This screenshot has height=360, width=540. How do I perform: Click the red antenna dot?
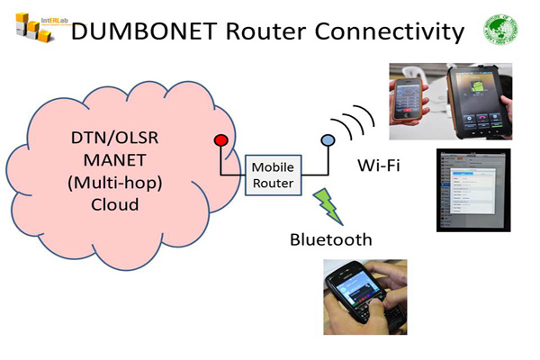pyautogui.click(x=219, y=140)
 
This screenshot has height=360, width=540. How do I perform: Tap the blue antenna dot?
pyautogui.click(x=328, y=140)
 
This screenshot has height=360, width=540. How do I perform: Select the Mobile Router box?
pyautogui.click(x=274, y=175)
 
